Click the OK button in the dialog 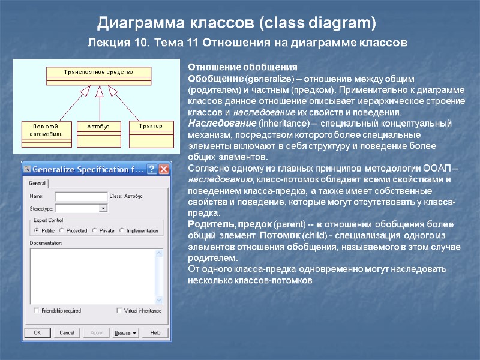(x=37, y=332)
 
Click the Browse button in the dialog (x=125, y=332)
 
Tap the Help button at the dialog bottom (x=155, y=332)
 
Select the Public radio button (x=37, y=230)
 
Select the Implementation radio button (x=122, y=230)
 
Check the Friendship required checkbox (x=37, y=311)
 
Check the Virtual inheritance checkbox (x=120, y=311)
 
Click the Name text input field (x=80, y=196)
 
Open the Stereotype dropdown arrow (x=103, y=208)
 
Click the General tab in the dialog (x=37, y=183)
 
